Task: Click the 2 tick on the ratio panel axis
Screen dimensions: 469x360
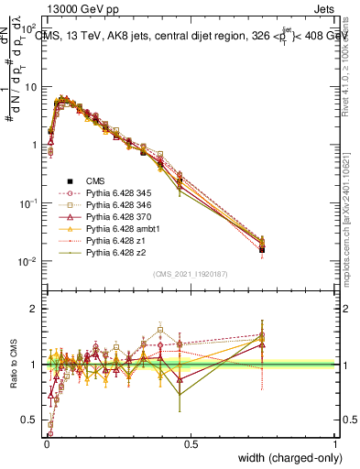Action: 34,309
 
